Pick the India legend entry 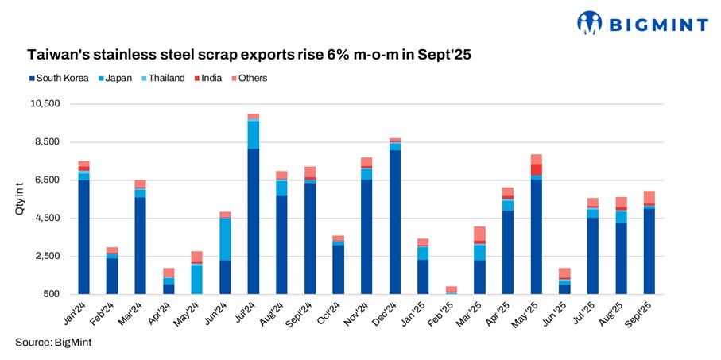210,78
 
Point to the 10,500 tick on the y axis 48,104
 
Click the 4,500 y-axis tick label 50,219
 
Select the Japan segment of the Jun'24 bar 225,238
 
